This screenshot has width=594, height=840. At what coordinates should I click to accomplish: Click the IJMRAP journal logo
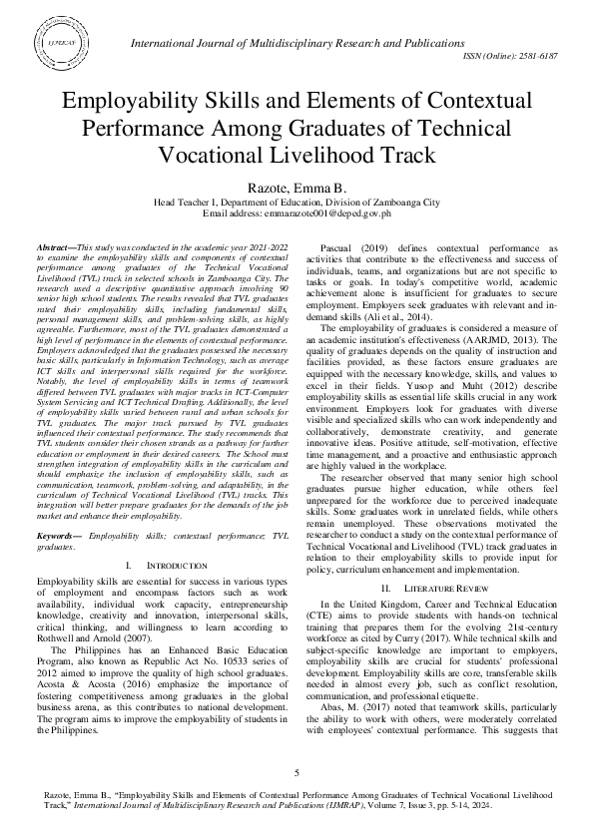click(x=63, y=45)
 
